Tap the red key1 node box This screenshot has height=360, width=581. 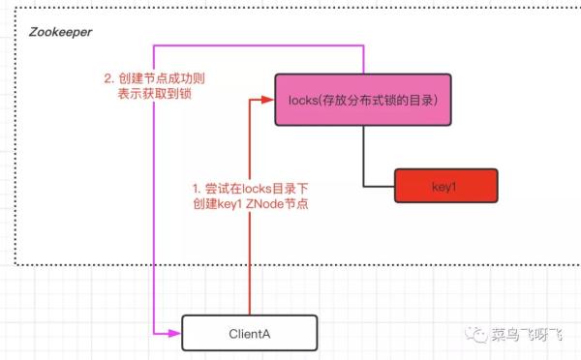[444, 184]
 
